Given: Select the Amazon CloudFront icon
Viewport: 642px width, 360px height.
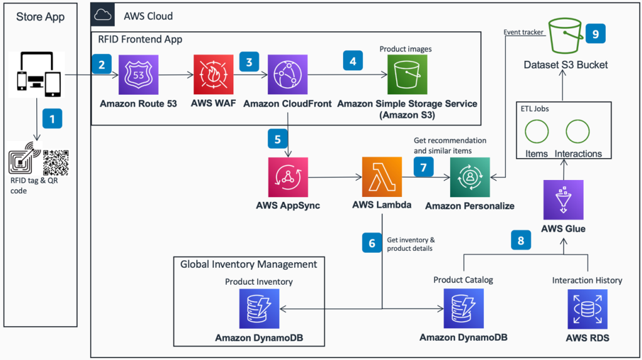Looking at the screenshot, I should coord(287,74).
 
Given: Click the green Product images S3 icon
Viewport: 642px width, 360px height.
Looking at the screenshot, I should coord(407,75).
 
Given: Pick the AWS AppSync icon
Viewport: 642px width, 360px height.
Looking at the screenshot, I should coord(288,177).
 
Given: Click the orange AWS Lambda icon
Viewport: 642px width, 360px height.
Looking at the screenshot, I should coord(382,177).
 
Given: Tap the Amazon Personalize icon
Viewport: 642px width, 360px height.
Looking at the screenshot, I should coord(470,177).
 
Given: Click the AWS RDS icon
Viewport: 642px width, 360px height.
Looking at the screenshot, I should coord(587,309).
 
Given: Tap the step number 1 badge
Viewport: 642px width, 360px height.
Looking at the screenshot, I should coord(51,118).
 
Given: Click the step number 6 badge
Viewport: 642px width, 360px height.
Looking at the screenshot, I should coord(372,243).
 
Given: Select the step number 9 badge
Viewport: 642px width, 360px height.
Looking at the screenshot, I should coord(595,34).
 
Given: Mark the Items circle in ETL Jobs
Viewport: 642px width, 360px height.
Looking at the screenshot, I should coord(536,132).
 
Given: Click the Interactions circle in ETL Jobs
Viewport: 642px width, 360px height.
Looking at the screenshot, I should coord(578,132).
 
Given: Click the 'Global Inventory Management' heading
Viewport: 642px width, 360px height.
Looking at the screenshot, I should coord(249,264).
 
